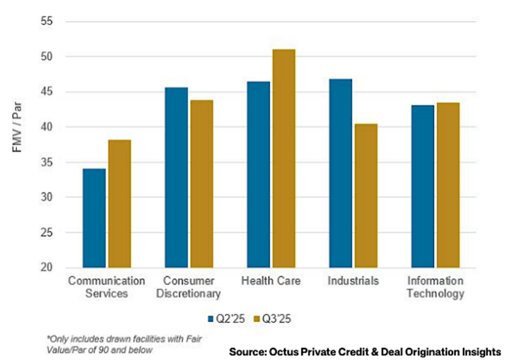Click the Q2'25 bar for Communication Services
point(94,218)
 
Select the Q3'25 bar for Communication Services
point(120,204)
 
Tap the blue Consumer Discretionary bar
point(176,177)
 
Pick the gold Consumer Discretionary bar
point(202,184)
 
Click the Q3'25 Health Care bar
point(284,158)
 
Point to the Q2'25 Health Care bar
point(258,174)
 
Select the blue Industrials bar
point(340,173)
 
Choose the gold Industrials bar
point(366,196)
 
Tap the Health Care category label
point(271,281)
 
